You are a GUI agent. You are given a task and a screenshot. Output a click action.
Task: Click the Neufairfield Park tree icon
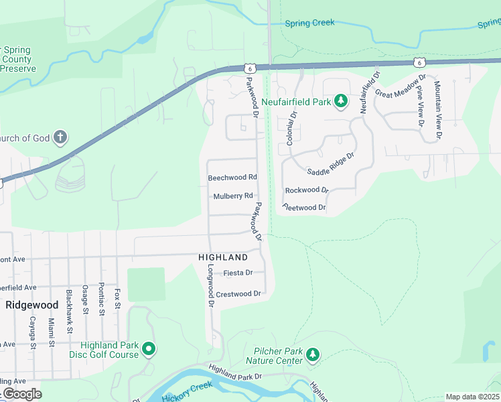pyautogui.click(x=342, y=101)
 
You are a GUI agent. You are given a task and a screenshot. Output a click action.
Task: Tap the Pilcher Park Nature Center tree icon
pyautogui.click(x=311, y=354)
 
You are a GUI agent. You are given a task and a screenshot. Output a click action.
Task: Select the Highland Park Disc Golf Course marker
pyautogui.click(x=149, y=348)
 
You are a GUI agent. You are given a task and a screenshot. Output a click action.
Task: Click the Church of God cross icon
pyautogui.click(x=60, y=138)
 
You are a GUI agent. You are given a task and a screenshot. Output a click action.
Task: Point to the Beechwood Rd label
pyautogui.click(x=232, y=178)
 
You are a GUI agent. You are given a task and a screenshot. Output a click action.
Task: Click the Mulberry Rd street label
pyautogui.click(x=233, y=196)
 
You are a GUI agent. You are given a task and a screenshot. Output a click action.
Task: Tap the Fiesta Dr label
pyautogui.click(x=238, y=273)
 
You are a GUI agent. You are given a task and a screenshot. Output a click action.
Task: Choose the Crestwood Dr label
pyautogui.click(x=238, y=293)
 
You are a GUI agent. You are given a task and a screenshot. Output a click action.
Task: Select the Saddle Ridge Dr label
pyautogui.click(x=330, y=163)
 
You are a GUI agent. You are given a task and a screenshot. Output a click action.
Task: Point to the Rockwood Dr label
pyautogui.click(x=307, y=190)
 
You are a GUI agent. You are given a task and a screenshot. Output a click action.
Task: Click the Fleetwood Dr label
pyautogui.click(x=304, y=208)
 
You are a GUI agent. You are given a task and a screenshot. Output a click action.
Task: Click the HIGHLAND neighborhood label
pyautogui.click(x=223, y=257)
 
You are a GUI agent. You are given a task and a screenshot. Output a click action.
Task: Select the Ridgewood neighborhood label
pyautogui.click(x=31, y=304)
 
